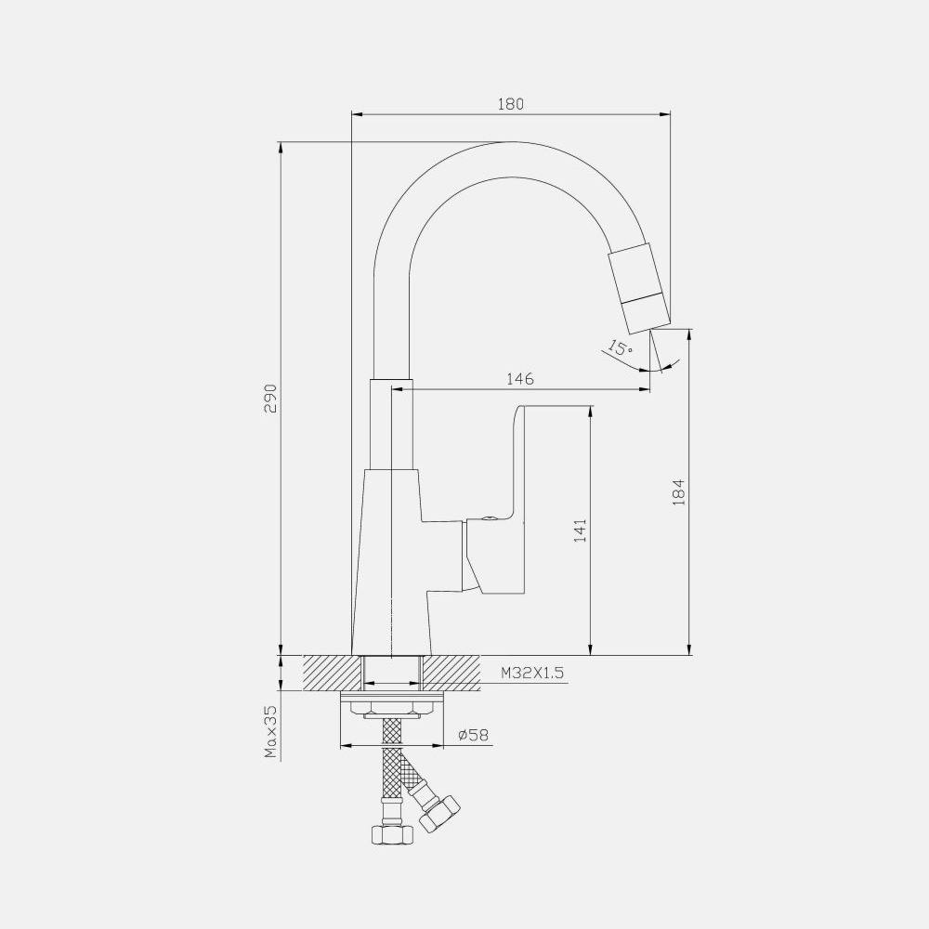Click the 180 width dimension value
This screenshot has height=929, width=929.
[x=511, y=104]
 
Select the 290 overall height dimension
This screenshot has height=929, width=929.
[x=270, y=399]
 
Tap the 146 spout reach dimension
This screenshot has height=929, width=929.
[x=520, y=379]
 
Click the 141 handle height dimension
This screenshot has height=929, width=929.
[x=580, y=530]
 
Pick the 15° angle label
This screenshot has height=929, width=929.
[x=620, y=347]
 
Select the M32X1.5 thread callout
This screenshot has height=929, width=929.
[x=532, y=673]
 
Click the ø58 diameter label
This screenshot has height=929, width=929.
[x=474, y=735]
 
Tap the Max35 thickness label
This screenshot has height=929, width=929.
[x=270, y=732]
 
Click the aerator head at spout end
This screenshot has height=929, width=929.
[x=640, y=290]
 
